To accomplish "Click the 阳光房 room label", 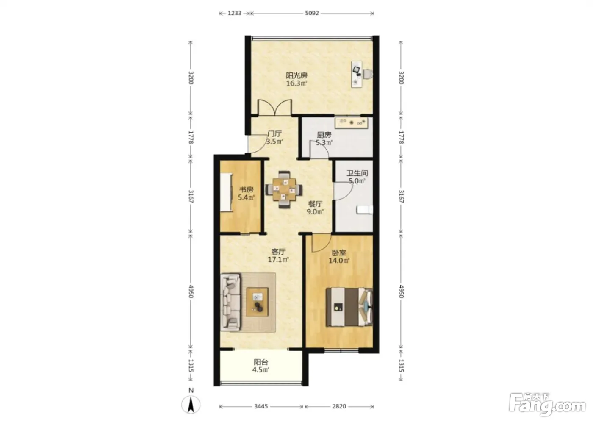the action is [296, 75].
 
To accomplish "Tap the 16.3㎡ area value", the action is [296, 83].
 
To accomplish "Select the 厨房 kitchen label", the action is [324, 135].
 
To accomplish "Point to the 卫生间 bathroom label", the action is [357, 173].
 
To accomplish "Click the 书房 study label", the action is [247, 189].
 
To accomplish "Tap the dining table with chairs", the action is [284, 189].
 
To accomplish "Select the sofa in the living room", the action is [231, 303].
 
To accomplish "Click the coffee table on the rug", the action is [257, 302].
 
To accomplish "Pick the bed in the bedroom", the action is [349, 307].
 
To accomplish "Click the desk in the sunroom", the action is [356, 74].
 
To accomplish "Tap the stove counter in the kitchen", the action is [351, 122].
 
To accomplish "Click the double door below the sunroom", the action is [275, 108].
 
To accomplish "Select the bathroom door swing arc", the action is [344, 191].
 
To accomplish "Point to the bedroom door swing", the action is [321, 243].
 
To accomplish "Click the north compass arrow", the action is [191, 405].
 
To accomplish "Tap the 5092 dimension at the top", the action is [312, 13].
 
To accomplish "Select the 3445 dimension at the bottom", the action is [261, 406].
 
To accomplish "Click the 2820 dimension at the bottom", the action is [339, 406].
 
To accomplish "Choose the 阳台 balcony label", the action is [261, 362].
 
